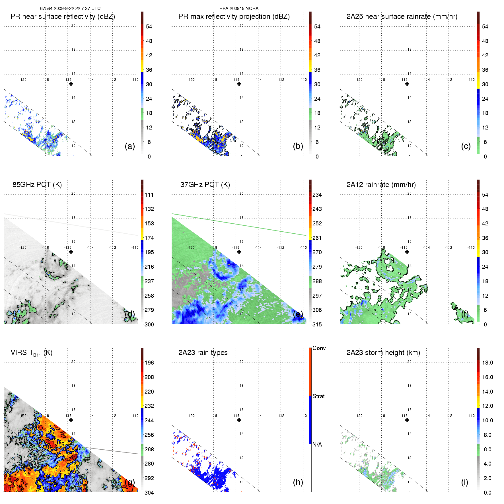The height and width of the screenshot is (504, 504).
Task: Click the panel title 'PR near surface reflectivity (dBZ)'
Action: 63,17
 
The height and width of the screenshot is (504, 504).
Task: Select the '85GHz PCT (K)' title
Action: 37,184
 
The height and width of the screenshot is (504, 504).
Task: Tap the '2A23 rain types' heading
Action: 203,353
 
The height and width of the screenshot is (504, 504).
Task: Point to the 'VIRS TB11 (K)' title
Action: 31,353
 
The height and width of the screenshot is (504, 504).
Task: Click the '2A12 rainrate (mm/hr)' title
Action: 381,184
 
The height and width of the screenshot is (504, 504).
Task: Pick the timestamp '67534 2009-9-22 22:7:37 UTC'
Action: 70,9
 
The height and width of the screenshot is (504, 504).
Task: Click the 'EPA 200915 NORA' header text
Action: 239,9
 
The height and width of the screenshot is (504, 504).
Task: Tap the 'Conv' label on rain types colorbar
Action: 319,348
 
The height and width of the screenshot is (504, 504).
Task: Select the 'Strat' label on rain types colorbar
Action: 318,396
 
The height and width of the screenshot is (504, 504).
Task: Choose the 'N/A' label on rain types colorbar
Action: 317,445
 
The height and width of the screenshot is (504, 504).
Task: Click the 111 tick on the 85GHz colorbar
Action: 149,195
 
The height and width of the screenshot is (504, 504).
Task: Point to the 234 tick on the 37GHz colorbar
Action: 317,195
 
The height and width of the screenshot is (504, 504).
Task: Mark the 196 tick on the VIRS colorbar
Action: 149,363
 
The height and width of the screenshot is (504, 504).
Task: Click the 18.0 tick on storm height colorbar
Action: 487,363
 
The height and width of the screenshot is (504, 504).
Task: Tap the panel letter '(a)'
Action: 130,146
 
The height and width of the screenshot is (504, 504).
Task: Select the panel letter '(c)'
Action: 466,146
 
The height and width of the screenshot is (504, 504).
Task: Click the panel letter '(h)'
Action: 298,482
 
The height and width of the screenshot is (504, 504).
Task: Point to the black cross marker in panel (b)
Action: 239,84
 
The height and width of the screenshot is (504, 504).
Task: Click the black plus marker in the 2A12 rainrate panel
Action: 407,252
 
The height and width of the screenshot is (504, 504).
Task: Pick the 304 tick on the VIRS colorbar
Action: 149,493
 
